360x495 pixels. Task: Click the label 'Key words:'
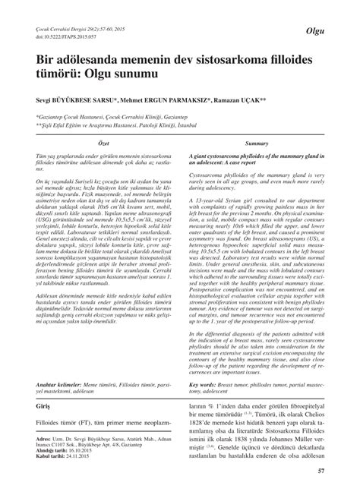204,384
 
